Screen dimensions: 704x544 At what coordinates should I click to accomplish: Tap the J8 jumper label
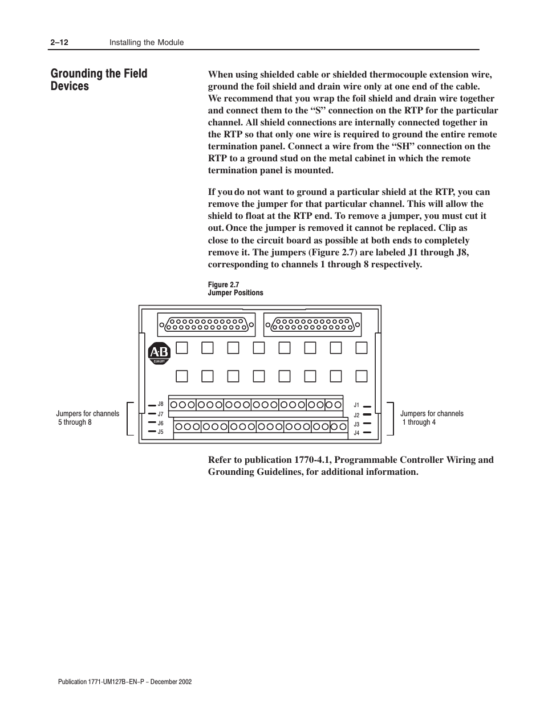pyautogui.click(x=161, y=404)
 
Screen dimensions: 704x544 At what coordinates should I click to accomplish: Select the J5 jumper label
pyautogui.click(x=161, y=432)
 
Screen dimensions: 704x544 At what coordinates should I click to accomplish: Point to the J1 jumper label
pyautogui.click(x=356, y=405)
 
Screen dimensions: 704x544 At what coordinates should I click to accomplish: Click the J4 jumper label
pyautogui.click(x=356, y=433)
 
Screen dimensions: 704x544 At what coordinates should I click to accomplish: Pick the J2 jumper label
pyautogui.click(x=356, y=415)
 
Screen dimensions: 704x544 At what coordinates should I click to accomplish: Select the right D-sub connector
pyautogui.click(x=312, y=325)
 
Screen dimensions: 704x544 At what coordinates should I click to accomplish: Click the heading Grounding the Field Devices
pyautogui.click(x=99, y=80)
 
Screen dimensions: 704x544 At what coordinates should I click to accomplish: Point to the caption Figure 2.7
pyautogui.click(x=223, y=285)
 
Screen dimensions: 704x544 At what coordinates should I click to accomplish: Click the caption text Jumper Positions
pyautogui.click(x=236, y=293)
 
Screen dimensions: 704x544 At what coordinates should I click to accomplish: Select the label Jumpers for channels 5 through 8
pyautogui.click(x=87, y=418)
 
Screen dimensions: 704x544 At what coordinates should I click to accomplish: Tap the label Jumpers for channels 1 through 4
pyautogui.click(x=432, y=418)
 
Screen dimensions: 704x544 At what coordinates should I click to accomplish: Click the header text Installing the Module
pyautogui.click(x=147, y=43)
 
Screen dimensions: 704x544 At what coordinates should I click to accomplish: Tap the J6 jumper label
pyautogui.click(x=161, y=424)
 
